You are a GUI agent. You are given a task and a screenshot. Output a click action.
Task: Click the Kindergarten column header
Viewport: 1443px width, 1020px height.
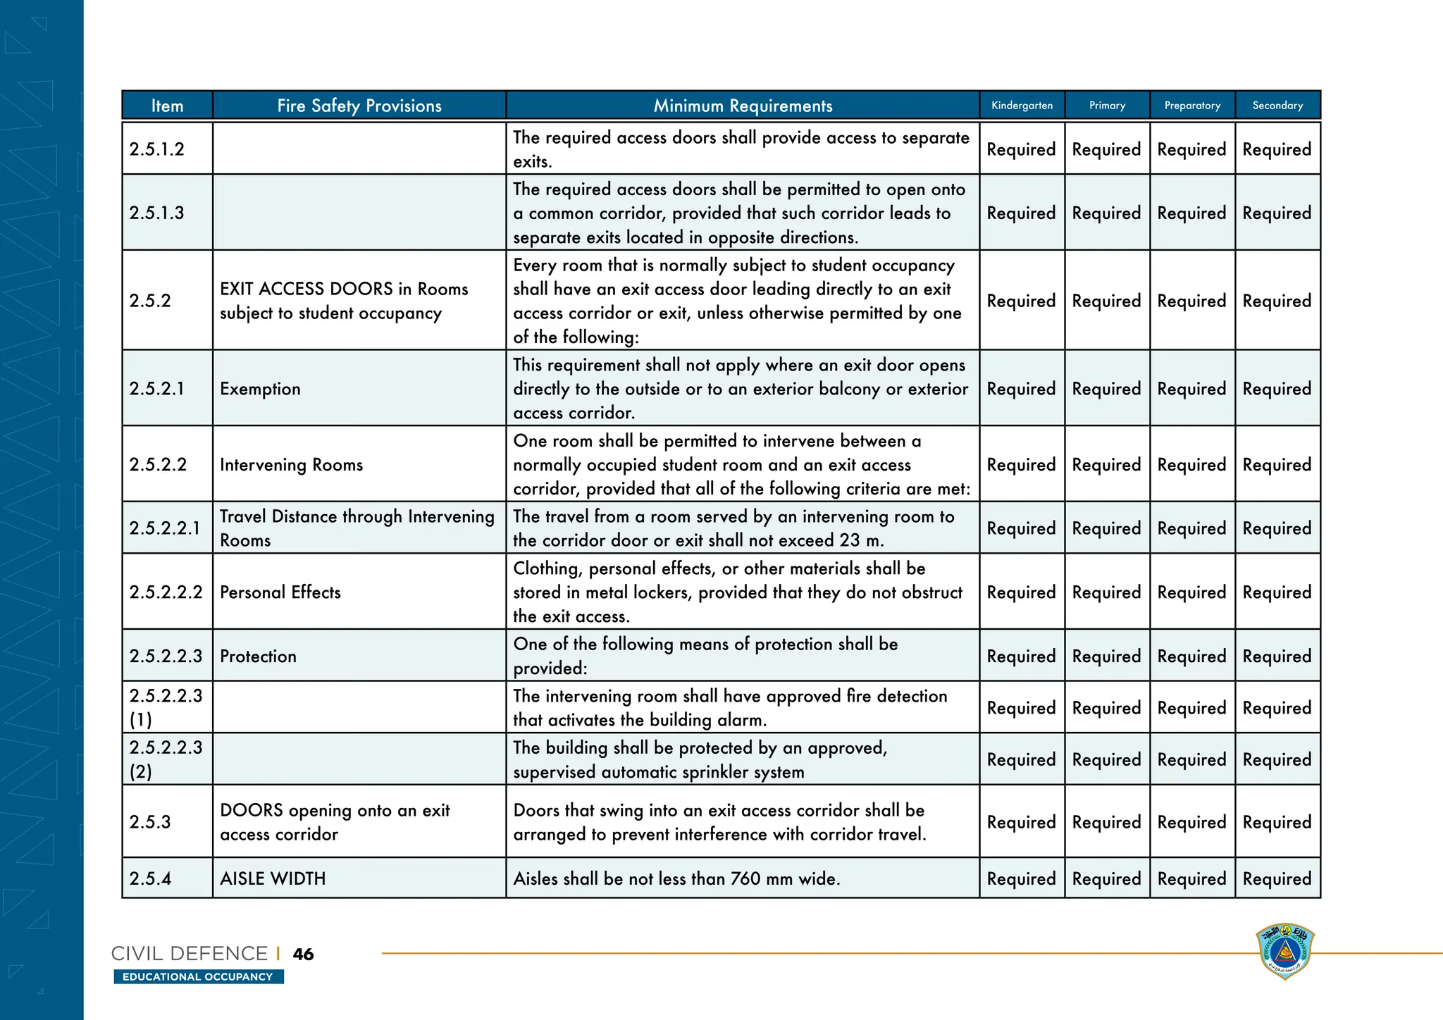pos(1022,106)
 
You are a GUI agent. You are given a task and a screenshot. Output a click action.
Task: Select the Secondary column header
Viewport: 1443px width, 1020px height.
pos(1277,106)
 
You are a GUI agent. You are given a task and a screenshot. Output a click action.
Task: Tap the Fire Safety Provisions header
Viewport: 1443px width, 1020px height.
pos(359,106)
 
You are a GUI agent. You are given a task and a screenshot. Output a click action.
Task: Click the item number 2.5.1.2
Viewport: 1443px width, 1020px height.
pos(157,149)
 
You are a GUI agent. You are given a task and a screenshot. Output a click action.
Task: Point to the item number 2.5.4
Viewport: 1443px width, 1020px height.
pos(151,878)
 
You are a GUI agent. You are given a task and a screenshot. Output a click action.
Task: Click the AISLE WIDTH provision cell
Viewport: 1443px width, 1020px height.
pos(273,878)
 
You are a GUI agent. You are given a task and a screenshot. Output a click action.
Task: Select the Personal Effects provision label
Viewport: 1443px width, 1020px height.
pos(280,592)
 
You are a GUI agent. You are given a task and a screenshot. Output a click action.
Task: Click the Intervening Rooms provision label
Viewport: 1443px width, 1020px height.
pos(291,465)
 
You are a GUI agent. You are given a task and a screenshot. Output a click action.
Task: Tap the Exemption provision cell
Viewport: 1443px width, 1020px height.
pos(260,389)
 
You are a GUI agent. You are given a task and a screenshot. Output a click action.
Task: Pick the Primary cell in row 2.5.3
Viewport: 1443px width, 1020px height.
pos(1106,822)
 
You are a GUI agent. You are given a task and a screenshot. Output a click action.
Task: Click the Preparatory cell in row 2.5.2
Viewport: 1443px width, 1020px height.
pos(1191,301)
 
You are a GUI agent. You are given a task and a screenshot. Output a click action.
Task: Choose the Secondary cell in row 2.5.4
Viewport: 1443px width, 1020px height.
pos(1277,878)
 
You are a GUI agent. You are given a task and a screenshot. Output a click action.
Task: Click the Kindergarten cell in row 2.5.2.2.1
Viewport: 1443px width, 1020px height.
pos(1021,528)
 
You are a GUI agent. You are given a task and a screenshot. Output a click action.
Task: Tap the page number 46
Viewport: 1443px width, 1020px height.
pos(303,954)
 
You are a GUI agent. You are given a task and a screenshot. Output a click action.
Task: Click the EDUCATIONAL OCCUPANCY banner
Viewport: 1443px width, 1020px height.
pos(198,976)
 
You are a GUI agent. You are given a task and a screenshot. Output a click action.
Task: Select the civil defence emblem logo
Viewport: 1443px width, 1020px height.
pos(1284,951)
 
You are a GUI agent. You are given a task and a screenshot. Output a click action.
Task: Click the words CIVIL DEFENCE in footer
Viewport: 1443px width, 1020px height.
pos(190,954)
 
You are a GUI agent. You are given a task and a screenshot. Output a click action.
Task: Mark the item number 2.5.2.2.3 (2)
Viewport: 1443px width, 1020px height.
pos(166,759)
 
